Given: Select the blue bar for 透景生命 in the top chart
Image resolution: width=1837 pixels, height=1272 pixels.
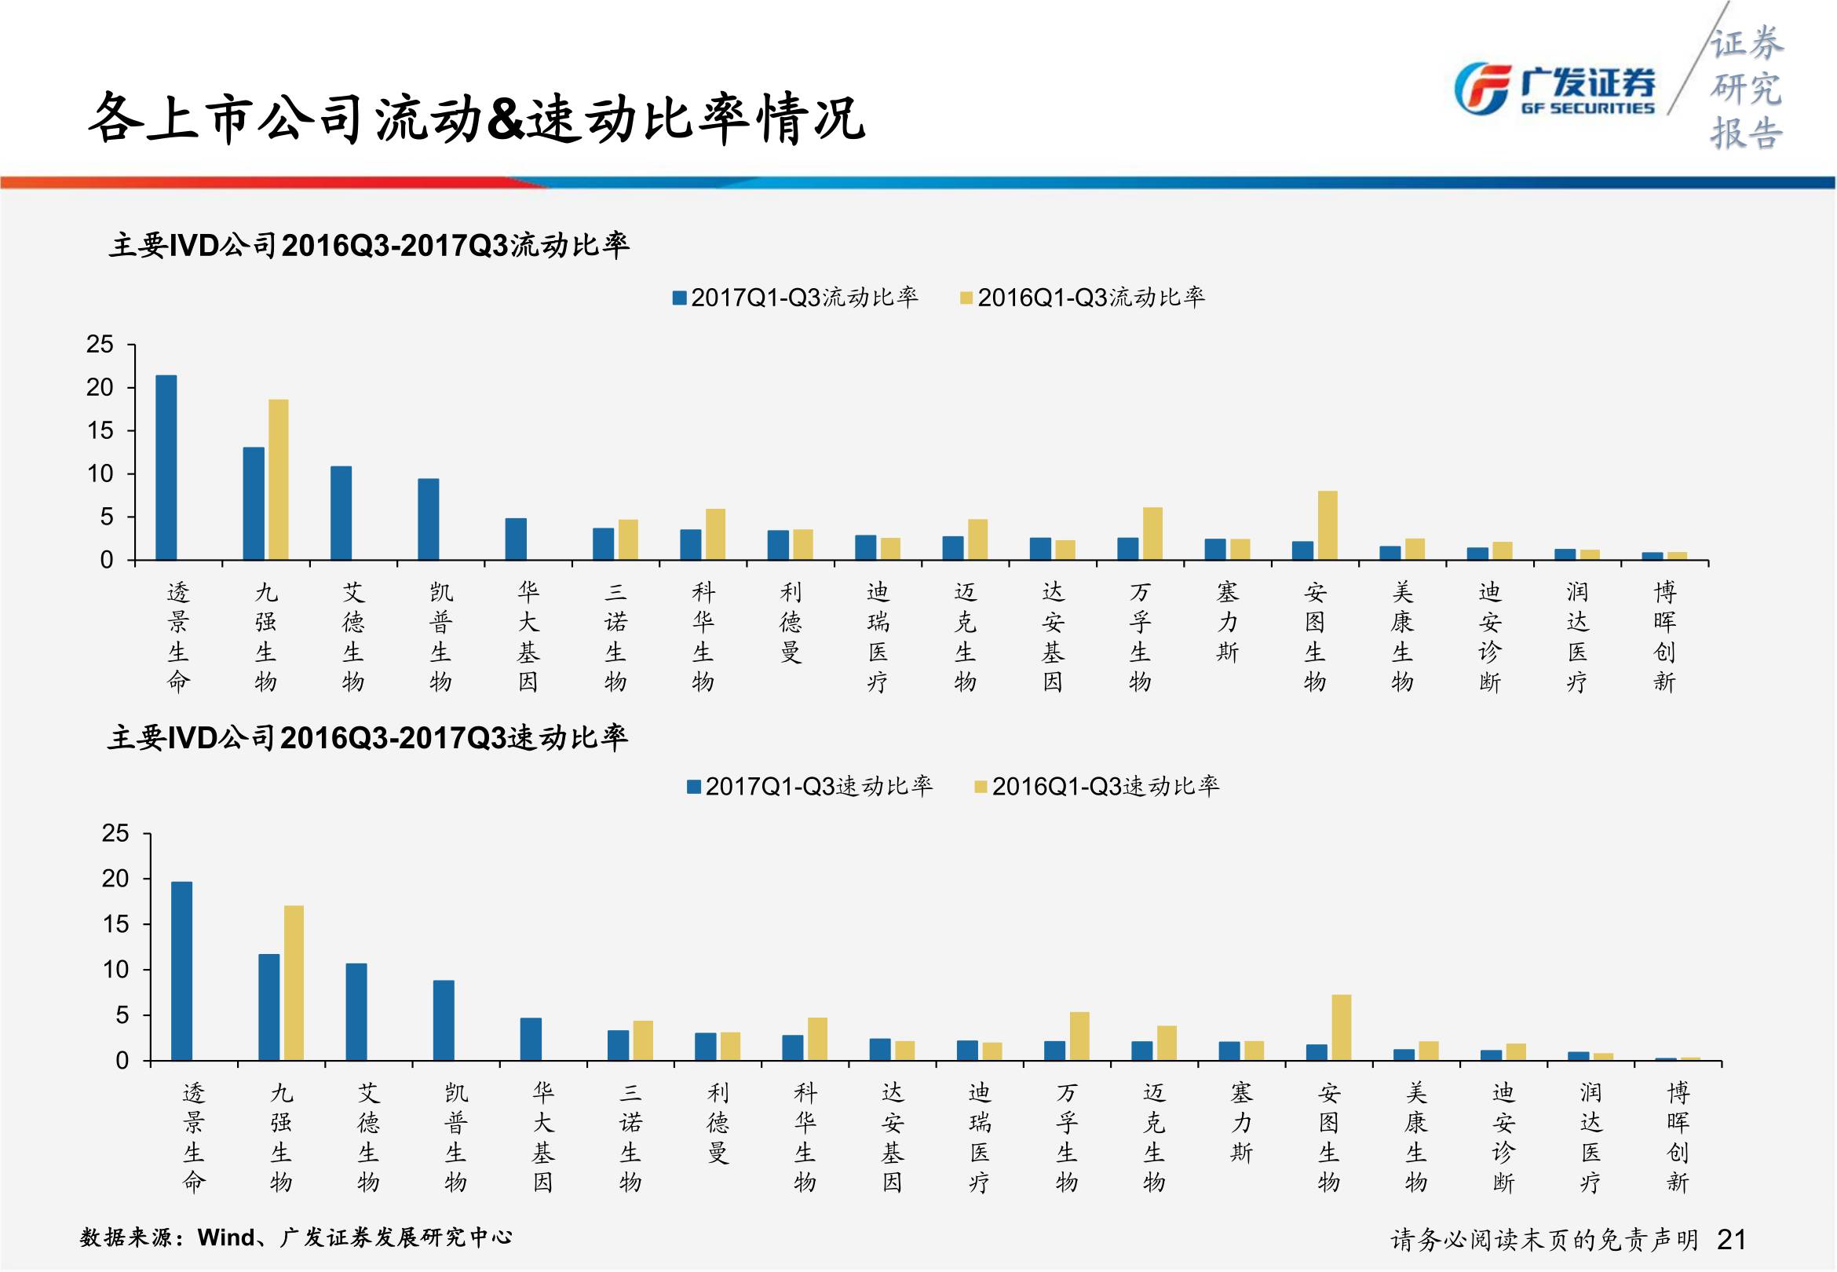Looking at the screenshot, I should pyautogui.click(x=166, y=467).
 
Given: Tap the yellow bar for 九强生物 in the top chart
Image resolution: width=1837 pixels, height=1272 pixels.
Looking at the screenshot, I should pyautogui.click(x=278, y=479).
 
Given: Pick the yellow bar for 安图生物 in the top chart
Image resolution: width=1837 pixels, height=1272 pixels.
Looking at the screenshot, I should pyautogui.click(x=1328, y=525).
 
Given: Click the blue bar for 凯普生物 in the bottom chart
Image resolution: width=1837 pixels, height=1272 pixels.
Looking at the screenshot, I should pyautogui.click(x=444, y=1020).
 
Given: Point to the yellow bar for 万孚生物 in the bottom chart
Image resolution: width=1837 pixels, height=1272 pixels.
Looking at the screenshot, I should pyautogui.click(x=1079, y=1036).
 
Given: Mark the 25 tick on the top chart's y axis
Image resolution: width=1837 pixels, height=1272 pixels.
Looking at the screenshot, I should pyautogui.click(x=100, y=344).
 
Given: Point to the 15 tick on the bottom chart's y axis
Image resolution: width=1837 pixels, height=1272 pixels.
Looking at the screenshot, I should pyautogui.click(x=115, y=924).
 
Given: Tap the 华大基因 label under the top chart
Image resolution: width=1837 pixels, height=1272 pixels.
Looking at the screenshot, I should pyautogui.click(x=528, y=636).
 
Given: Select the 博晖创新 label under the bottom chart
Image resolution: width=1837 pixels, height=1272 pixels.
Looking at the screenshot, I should pyautogui.click(x=1677, y=1136).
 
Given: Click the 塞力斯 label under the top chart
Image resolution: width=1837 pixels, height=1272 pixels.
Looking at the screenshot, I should pyautogui.click(x=1227, y=622).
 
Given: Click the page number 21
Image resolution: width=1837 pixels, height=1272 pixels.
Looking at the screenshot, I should pyautogui.click(x=1731, y=1239).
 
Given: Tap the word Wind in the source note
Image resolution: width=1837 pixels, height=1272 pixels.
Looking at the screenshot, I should pyautogui.click(x=225, y=1237).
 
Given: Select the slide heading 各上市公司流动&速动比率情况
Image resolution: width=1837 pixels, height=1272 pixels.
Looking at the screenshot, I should pyautogui.click(x=476, y=119).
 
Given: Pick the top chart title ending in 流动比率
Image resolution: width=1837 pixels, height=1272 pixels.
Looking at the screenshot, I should pyautogui.click(x=369, y=246).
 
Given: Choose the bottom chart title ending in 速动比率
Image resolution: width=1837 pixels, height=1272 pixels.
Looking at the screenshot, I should pyautogui.click(x=367, y=738).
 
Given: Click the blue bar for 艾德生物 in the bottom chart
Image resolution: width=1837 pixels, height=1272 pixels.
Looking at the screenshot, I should pyautogui.click(x=356, y=1012).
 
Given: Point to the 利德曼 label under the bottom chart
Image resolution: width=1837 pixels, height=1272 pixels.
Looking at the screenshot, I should pyautogui.click(x=718, y=1122).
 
